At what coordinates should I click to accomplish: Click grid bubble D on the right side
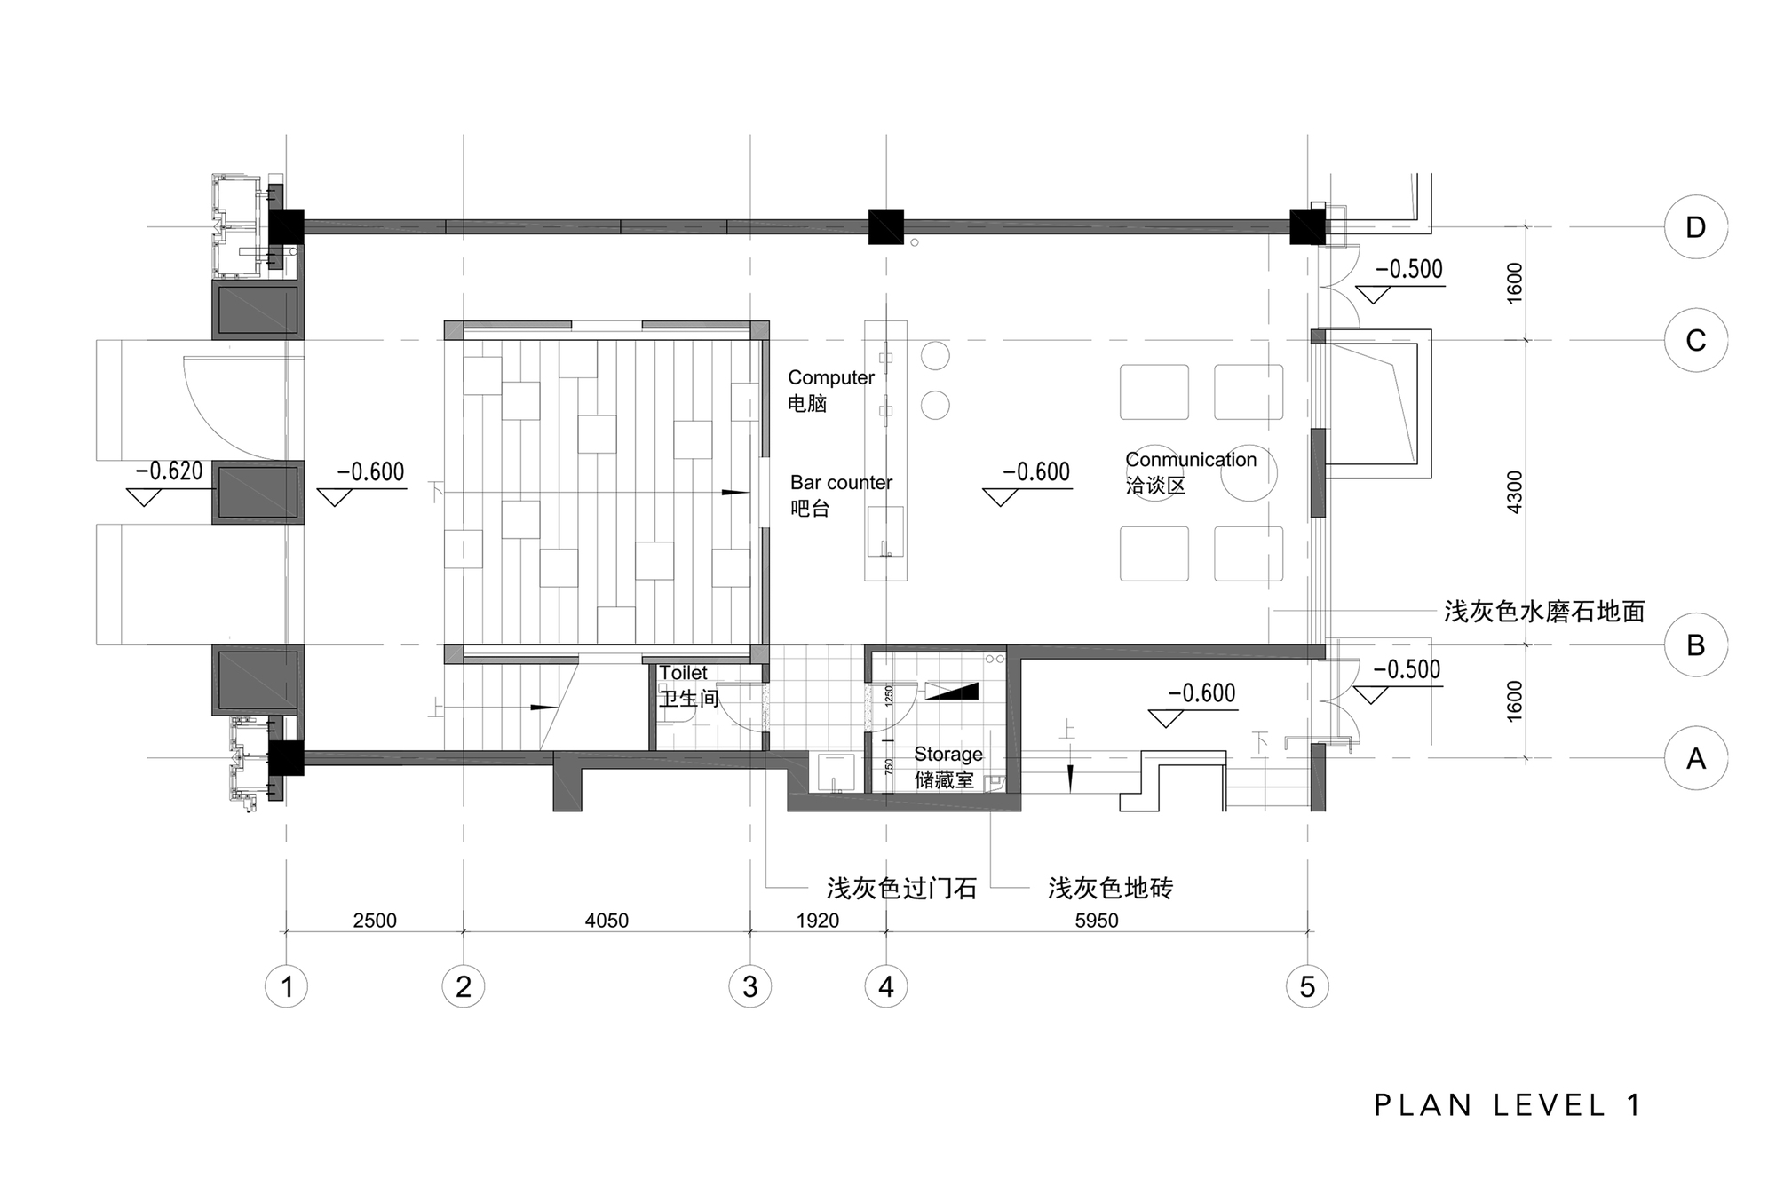click(x=1695, y=227)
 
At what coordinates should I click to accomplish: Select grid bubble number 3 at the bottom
click(x=749, y=986)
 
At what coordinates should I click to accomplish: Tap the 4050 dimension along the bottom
click(x=607, y=921)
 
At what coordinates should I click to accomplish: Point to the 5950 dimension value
click(x=1097, y=921)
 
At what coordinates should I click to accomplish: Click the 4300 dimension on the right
click(x=1515, y=491)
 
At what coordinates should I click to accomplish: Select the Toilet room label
click(x=684, y=673)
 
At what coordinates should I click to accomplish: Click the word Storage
click(x=948, y=754)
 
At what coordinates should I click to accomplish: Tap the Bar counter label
click(x=841, y=483)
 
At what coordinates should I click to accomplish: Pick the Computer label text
click(x=831, y=377)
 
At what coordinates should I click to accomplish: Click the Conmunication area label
click(x=1191, y=460)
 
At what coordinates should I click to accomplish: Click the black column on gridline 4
click(x=885, y=226)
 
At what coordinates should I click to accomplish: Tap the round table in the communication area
click(x=1249, y=472)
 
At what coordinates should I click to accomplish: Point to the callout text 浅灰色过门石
click(x=901, y=888)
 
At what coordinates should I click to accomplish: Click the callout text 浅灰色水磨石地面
click(x=1544, y=612)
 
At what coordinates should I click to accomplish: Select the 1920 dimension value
click(x=817, y=921)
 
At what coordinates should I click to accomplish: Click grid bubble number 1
click(x=286, y=986)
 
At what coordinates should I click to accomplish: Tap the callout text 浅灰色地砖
click(x=1110, y=888)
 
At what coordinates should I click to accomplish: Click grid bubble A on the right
click(x=1695, y=758)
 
